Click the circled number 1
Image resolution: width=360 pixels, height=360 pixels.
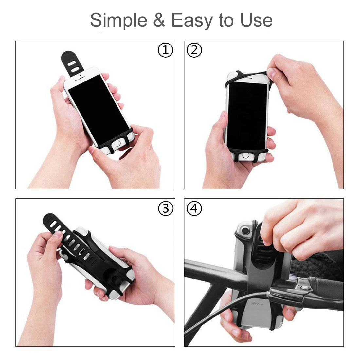(x=165, y=50)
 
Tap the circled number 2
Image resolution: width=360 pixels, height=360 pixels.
(x=194, y=50)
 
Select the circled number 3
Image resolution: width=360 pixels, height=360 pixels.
(x=165, y=208)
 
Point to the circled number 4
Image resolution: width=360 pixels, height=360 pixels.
(x=194, y=208)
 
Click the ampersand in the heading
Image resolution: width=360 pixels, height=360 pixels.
(x=159, y=20)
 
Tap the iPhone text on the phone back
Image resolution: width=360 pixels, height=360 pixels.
(x=257, y=304)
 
